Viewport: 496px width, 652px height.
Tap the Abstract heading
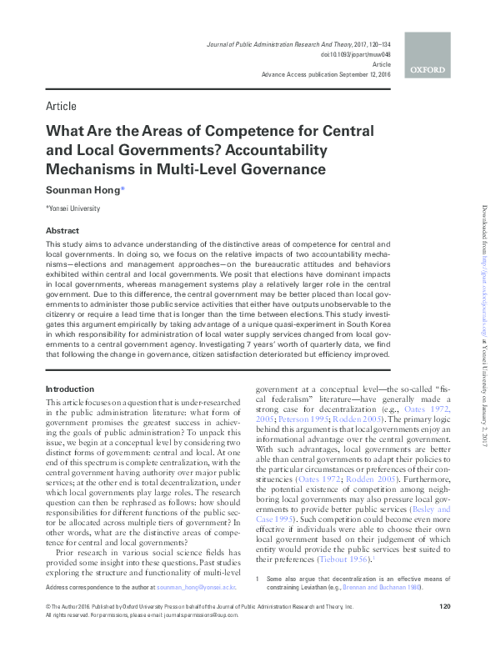point(63,230)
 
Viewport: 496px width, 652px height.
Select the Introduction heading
point(70,389)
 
